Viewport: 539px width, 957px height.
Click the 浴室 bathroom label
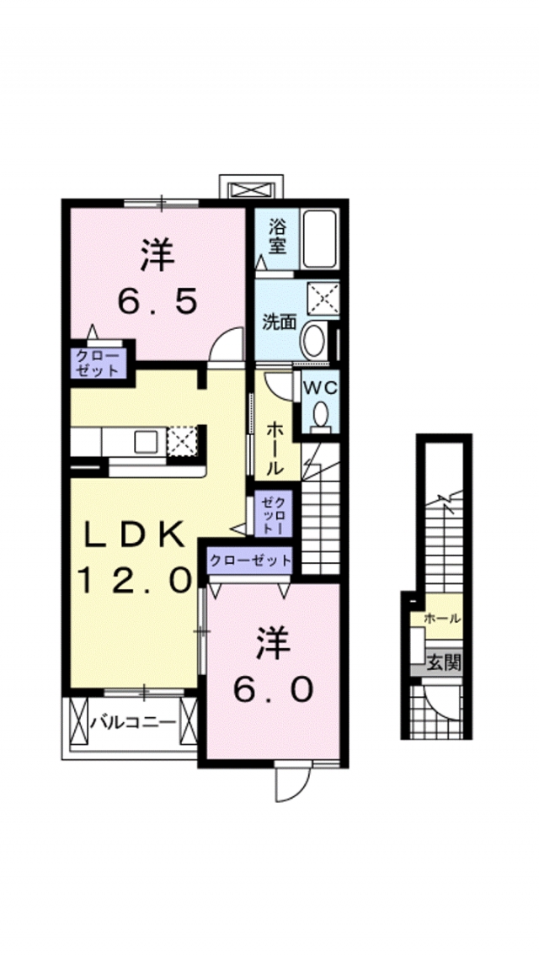click(x=278, y=236)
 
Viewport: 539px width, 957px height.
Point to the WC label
click(x=320, y=388)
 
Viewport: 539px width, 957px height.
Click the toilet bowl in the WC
click(x=321, y=415)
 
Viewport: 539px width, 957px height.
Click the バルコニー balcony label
click(x=132, y=722)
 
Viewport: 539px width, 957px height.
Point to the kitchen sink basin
click(x=146, y=440)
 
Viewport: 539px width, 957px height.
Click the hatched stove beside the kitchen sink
click(x=181, y=440)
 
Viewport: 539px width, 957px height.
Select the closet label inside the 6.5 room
click(x=98, y=363)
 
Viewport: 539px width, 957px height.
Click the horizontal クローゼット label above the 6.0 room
click(x=250, y=560)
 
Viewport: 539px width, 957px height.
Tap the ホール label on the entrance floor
click(x=442, y=619)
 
